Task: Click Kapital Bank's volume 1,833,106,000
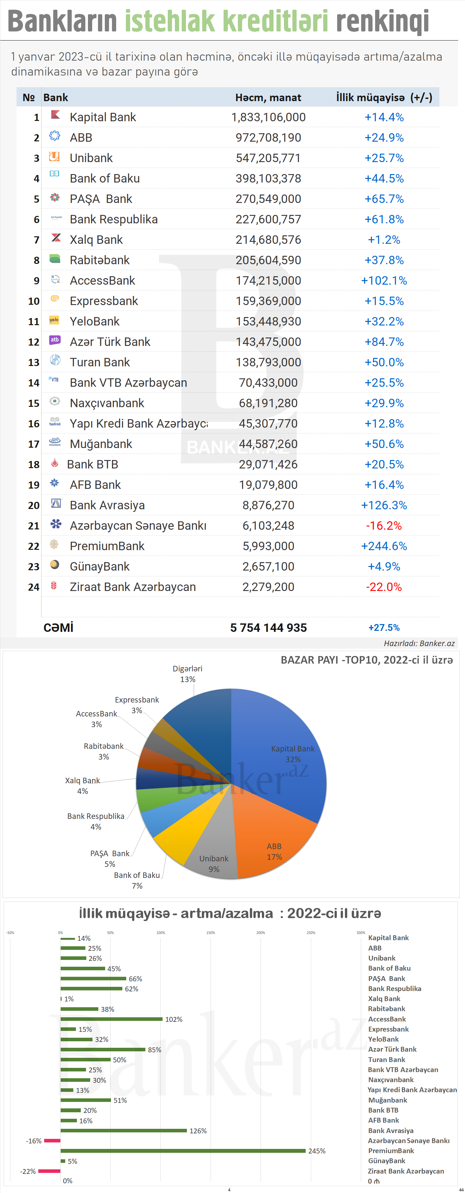point(268,117)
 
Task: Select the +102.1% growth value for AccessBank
point(384,281)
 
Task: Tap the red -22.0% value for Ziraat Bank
point(384,587)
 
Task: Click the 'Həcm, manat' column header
point(268,98)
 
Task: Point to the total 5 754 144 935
point(268,628)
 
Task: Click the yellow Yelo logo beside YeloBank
point(54,320)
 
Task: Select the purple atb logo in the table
point(55,340)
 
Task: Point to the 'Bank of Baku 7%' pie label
point(137,880)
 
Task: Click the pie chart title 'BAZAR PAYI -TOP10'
point(366,660)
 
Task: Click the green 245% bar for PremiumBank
point(183,1151)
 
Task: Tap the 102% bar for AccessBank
point(111,1019)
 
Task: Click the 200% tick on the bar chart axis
point(261,932)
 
